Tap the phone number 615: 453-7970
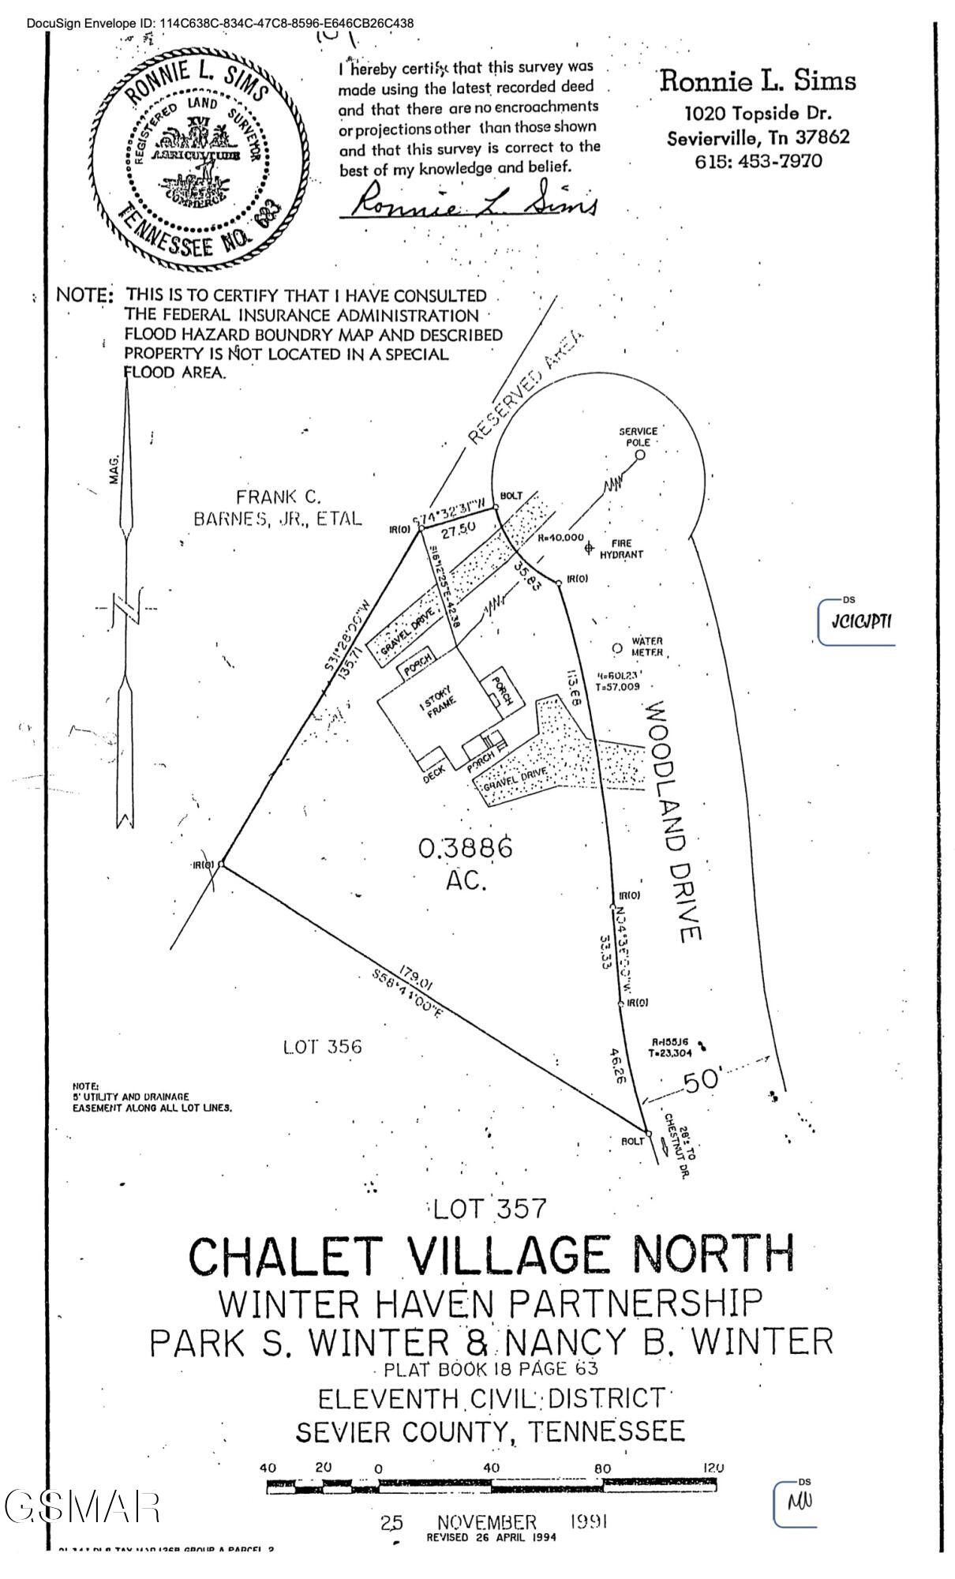click(x=758, y=161)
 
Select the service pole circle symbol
click(x=640, y=454)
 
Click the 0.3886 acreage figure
click(x=466, y=849)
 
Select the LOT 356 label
click(x=322, y=1047)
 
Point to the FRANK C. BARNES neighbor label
click(x=278, y=508)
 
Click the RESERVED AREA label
click(x=526, y=387)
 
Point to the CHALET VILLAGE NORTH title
click(x=491, y=1255)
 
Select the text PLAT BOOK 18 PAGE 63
click(x=490, y=1369)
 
